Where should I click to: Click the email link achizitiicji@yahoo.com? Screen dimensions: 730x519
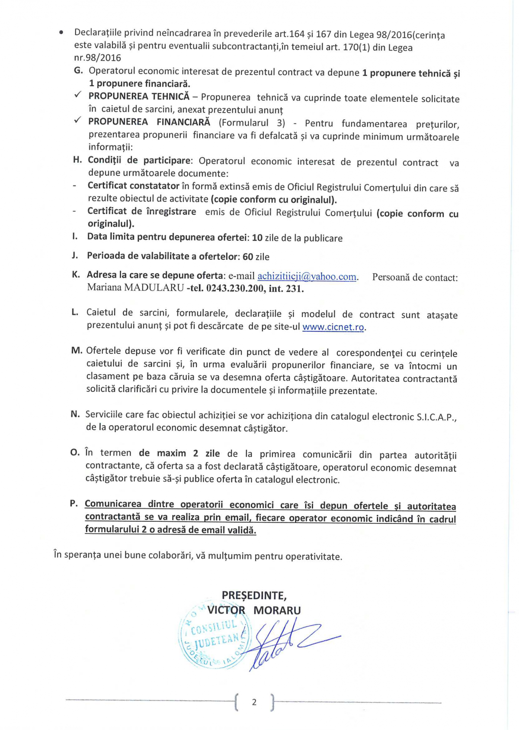[307, 277]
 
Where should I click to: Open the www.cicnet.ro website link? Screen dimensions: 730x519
[333, 327]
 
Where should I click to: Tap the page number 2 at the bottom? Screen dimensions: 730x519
[254, 702]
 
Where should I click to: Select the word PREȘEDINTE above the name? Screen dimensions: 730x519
[254, 596]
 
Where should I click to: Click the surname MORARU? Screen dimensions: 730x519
[277, 610]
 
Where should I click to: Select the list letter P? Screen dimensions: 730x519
[74, 504]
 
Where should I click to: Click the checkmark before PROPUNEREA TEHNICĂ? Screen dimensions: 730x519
[78, 95]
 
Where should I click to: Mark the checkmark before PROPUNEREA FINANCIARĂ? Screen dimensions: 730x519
[78, 120]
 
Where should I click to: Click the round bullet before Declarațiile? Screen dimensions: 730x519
[63, 33]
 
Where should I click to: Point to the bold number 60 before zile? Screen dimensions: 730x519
[248, 257]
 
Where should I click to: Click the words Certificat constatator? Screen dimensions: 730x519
[133, 186]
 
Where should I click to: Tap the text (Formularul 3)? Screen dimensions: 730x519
[252, 123]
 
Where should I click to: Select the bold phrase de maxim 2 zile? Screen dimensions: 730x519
[179, 453]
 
